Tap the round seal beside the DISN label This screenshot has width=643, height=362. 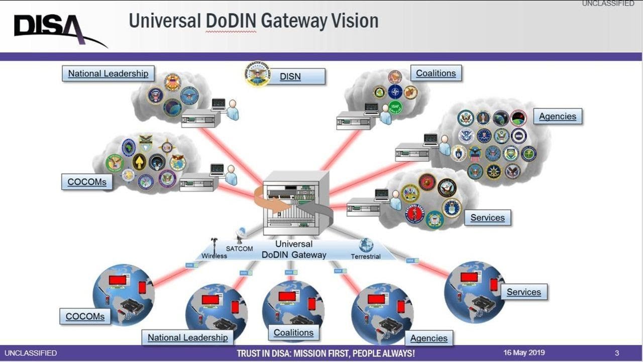(x=258, y=74)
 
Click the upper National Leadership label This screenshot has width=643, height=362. (x=109, y=73)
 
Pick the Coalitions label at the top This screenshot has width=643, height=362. (x=436, y=73)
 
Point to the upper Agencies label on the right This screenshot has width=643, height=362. (x=557, y=117)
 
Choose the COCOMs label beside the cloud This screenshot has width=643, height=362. (x=87, y=182)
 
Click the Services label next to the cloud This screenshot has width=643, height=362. (x=487, y=218)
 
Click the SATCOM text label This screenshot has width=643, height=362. (x=239, y=249)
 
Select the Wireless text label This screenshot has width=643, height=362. (x=215, y=256)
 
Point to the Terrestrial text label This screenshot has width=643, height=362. (x=366, y=256)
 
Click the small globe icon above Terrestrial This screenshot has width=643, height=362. (x=366, y=245)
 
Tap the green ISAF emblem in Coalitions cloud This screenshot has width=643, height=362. (x=395, y=107)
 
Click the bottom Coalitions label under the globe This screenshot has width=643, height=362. (x=293, y=332)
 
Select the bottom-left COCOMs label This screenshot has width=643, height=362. (x=85, y=317)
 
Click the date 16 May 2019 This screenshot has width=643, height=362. (x=524, y=352)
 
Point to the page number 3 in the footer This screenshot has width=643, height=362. (x=617, y=352)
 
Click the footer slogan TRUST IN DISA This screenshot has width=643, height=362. (x=326, y=353)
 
